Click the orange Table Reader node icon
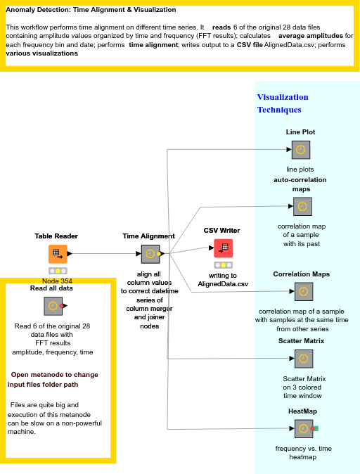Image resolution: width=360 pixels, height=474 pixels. (58, 254)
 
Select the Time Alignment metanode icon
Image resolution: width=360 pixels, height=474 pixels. (150, 254)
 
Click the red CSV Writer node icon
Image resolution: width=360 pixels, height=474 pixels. (223, 248)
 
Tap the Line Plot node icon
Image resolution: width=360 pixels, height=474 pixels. (300, 150)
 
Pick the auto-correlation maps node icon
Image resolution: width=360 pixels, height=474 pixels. (302, 207)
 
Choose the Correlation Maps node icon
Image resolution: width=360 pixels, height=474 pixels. (302, 292)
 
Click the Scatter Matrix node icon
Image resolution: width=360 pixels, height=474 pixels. (303, 359)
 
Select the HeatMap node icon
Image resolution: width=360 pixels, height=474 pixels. (303, 428)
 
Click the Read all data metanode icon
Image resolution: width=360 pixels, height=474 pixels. (53, 306)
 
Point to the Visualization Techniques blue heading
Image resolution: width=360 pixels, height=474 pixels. (282, 103)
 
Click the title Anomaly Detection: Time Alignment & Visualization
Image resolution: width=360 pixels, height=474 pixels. (91, 10)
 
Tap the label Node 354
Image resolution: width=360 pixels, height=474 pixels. (57, 281)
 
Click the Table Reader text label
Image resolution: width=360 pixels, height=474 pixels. (56, 236)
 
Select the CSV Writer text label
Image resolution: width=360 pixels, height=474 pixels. (221, 230)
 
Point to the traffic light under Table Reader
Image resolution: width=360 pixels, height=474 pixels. (58, 271)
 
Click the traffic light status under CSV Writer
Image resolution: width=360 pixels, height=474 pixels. (223, 265)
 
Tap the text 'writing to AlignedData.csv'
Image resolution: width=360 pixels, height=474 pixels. (222, 280)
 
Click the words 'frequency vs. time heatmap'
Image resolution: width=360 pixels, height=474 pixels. (303, 452)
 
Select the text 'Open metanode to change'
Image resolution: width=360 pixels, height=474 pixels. (54, 375)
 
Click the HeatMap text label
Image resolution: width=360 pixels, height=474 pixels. (302, 411)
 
